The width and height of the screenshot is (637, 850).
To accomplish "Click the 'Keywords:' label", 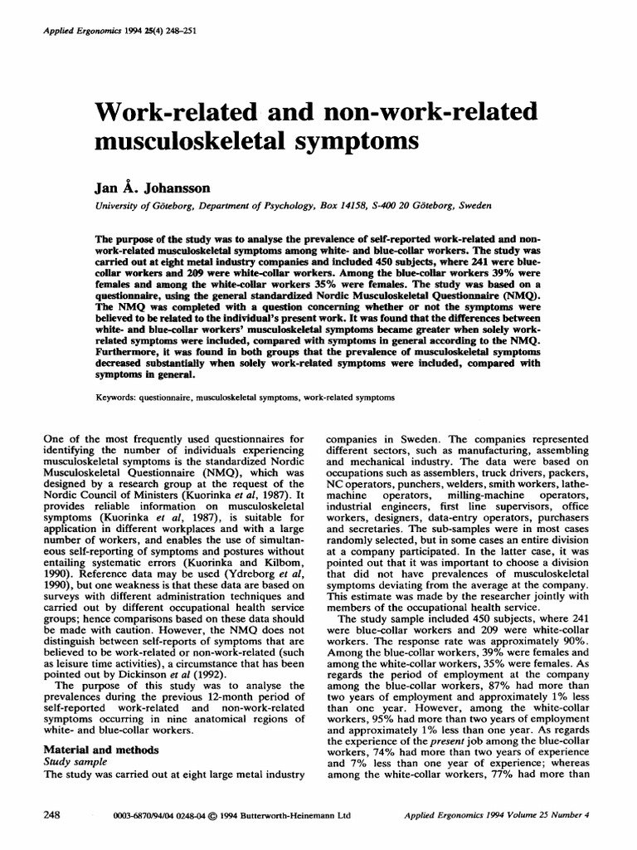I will pos(120,398).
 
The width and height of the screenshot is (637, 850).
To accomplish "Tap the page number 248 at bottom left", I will pos(51,815).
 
